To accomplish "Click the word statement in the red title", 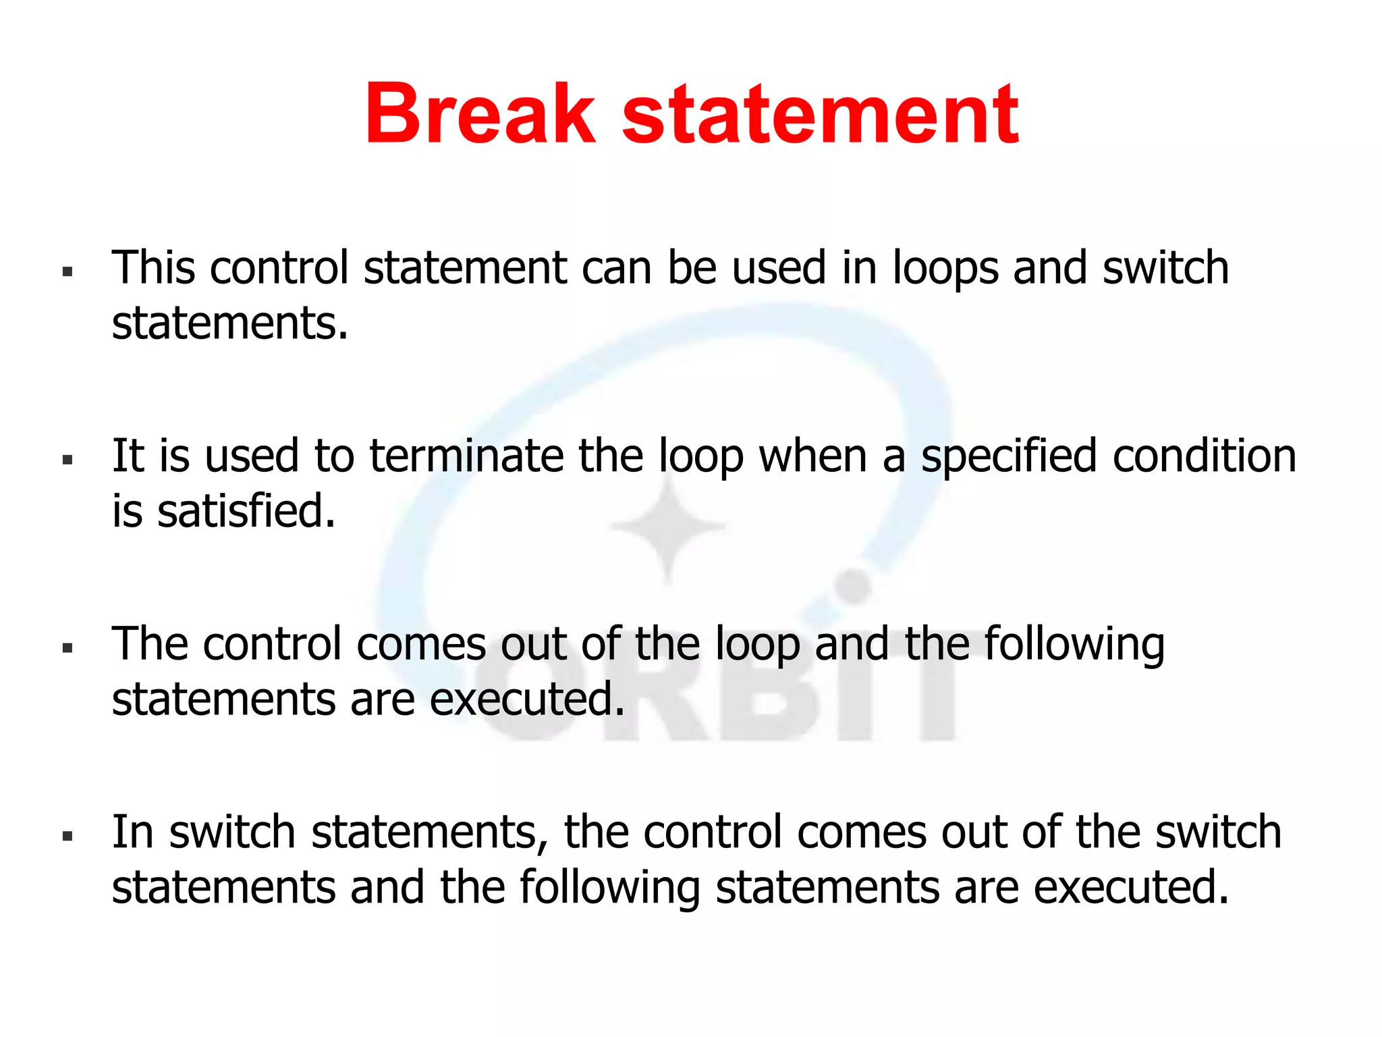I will pyautogui.click(x=819, y=115).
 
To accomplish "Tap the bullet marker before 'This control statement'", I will pyautogui.click(x=67, y=272).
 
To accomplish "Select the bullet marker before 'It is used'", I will pyautogui.click(x=67, y=460).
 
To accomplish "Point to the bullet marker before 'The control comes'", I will pyautogui.click(x=67, y=648).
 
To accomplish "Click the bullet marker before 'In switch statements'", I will pyautogui.click(x=67, y=836).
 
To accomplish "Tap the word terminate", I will pyautogui.click(x=466, y=456).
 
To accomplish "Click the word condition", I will pyautogui.click(x=1205, y=456).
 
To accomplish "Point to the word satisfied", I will pyautogui.click(x=246, y=511).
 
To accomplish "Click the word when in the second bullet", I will pyautogui.click(x=812, y=456).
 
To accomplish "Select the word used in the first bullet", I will pyautogui.click(x=779, y=267).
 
